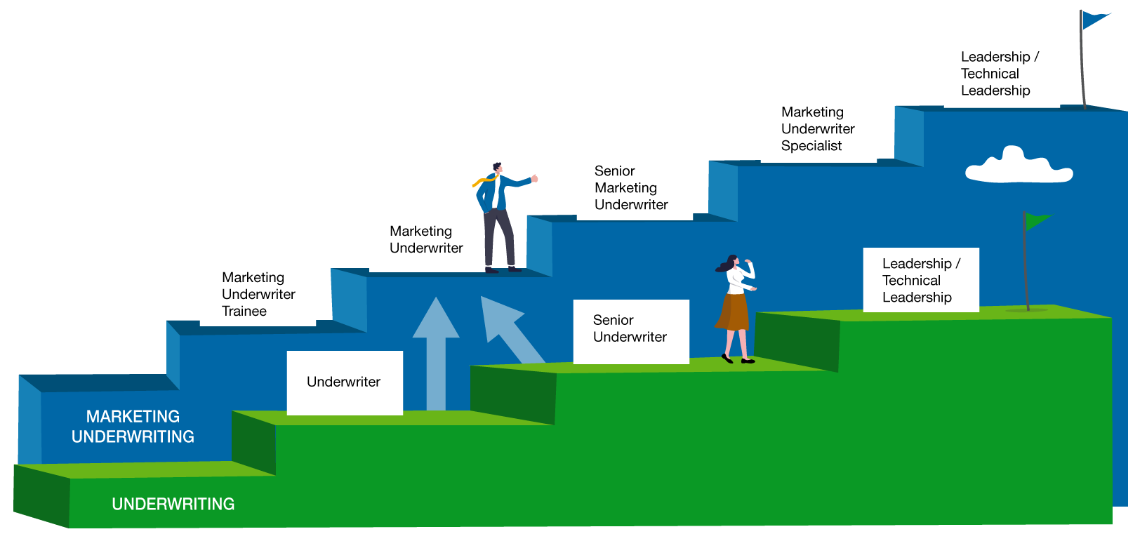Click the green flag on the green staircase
tap(1037, 221)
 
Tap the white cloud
tap(1019, 166)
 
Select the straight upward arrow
tap(436, 353)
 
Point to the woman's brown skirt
tap(734, 312)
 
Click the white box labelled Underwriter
tap(345, 383)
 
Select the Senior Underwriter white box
tap(631, 332)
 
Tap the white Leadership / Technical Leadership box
tap(921, 280)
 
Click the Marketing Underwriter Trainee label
tap(258, 294)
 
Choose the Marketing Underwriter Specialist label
tap(818, 129)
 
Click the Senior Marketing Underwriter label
tap(631, 188)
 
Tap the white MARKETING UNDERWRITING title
tap(133, 427)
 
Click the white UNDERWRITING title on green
tap(173, 504)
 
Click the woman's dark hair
tap(727, 263)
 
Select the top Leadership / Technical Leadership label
tap(1000, 74)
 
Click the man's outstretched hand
tap(534, 178)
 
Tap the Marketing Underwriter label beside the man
tap(426, 239)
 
